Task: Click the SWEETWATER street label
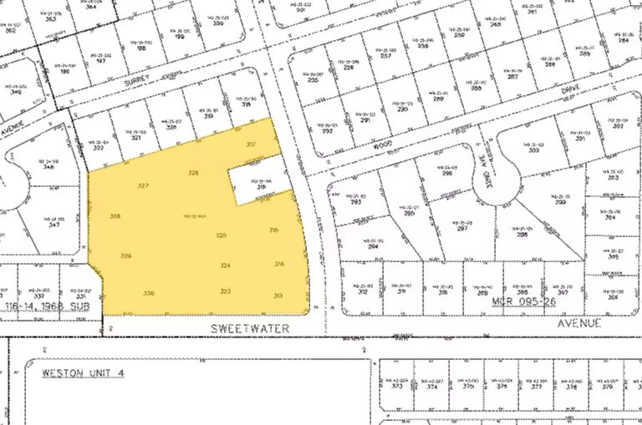pos(252,329)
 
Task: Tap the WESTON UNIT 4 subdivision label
pos(83,372)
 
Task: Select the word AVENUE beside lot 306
pos(582,321)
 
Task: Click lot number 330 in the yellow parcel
pos(149,293)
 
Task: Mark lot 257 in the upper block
pos(386,55)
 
